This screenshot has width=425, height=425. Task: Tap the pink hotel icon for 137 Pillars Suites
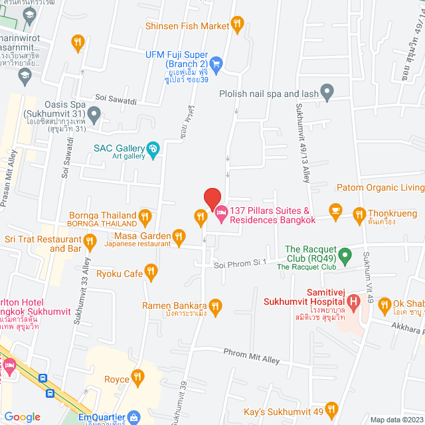[x=221, y=214]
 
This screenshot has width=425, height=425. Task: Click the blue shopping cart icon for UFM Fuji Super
[x=216, y=63]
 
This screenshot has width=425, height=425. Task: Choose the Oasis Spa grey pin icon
[x=94, y=117]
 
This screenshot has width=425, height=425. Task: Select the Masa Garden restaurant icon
[x=179, y=236]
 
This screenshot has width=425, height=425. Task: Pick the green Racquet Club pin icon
[x=345, y=254]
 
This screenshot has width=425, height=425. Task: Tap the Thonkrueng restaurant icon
[x=359, y=214]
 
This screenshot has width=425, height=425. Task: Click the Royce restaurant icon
[x=138, y=377]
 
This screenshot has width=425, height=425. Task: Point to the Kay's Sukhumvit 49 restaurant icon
[x=332, y=408]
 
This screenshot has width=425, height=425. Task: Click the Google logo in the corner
[x=23, y=417]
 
